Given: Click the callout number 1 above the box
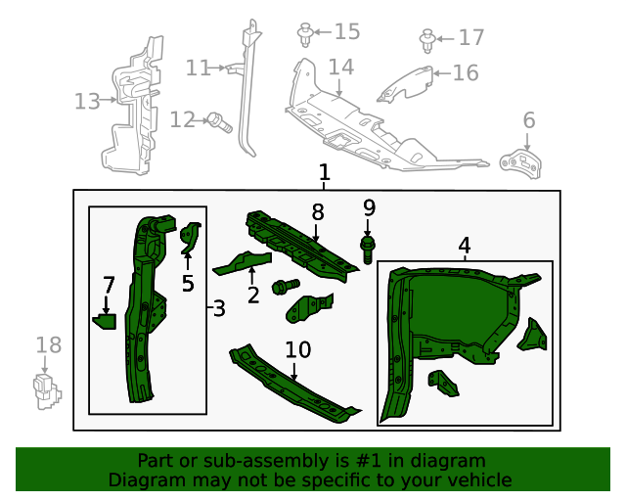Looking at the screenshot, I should point(324,173).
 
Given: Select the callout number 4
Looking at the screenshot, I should point(465,246).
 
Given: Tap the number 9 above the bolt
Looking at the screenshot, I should point(369,207).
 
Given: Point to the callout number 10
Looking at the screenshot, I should point(297,350).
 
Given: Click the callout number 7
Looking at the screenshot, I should point(109,285).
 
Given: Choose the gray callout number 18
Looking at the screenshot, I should point(48,344).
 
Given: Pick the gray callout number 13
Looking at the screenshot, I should point(87,101).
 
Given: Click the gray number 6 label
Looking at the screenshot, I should point(529,120).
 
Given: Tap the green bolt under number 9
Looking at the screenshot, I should point(369,248).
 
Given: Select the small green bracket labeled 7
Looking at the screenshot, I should point(105,319).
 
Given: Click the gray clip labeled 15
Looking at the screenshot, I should point(305,36).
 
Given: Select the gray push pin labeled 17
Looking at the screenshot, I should point(427,40).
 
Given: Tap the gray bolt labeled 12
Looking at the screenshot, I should point(219,122).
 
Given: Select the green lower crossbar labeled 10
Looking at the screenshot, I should point(293,387).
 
